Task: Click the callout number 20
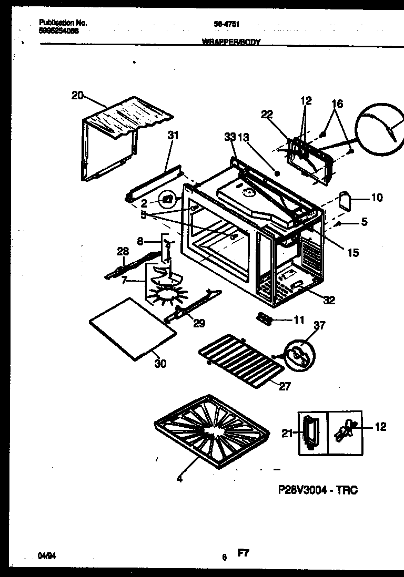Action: coord(77,95)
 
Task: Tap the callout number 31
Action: coord(173,136)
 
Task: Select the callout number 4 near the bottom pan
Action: coord(179,479)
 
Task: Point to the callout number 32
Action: coord(329,300)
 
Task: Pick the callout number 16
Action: coord(337,104)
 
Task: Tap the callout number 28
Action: coord(122,252)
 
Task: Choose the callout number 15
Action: coord(353,253)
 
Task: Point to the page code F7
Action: coord(243,552)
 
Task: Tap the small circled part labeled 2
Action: coord(167,199)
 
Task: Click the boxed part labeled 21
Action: coord(313,432)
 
